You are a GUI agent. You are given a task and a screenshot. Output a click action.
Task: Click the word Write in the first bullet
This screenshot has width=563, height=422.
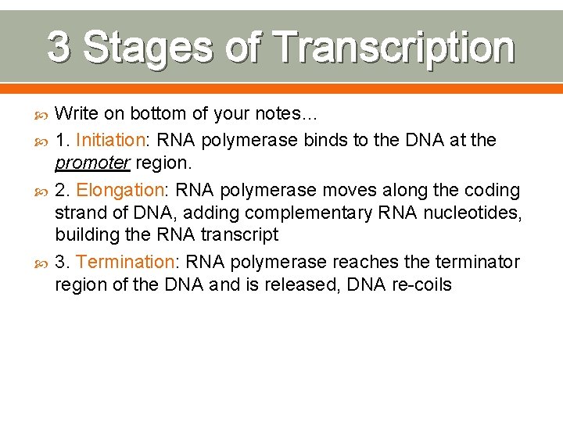click(x=77, y=114)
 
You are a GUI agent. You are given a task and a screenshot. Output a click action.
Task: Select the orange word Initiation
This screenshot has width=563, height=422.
click(x=110, y=141)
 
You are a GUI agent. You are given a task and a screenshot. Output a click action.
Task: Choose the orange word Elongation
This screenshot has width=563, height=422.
click(x=114, y=191)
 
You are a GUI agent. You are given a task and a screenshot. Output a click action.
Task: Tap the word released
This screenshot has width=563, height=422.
click(x=299, y=284)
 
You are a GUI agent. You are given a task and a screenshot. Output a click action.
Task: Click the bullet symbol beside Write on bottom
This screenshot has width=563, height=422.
click(x=41, y=115)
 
